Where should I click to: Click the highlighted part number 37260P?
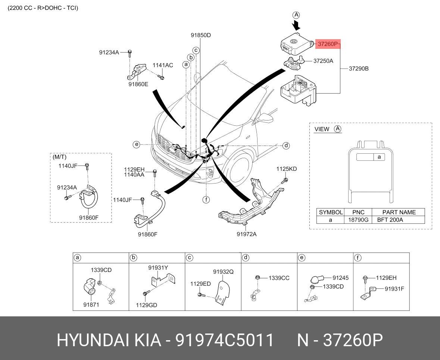pyautogui.click(x=327, y=44)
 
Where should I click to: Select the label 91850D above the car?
pyautogui.click(x=201, y=35)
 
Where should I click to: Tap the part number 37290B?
pyautogui.click(x=359, y=69)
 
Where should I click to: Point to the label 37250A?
pyautogui.click(x=323, y=61)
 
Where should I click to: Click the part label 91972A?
pyautogui.click(x=246, y=234)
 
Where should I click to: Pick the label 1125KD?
pyautogui.click(x=287, y=169)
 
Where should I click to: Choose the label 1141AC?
pyautogui.click(x=163, y=65)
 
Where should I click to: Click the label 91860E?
pyautogui.click(x=138, y=84)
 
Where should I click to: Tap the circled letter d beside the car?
pyautogui.click(x=286, y=145)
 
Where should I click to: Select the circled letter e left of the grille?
pyautogui.click(x=136, y=144)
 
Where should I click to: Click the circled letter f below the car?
pyautogui.click(x=206, y=200)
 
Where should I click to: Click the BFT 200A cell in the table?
pyautogui.click(x=390, y=220)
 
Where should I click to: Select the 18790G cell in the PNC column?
pyautogui.click(x=358, y=220)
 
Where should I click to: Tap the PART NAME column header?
pyautogui.click(x=399, y=212)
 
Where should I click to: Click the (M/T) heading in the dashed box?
pyautogui.click(x=60, y=157)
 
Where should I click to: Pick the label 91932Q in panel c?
pyautogui.click(x=224, y=272)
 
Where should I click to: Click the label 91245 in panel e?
pyautogui.click(x=340, y=278)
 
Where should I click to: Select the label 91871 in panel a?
pyautogui.click(x=91, y=304)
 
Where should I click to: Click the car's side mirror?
pyautogui.click(x=265, y=118)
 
